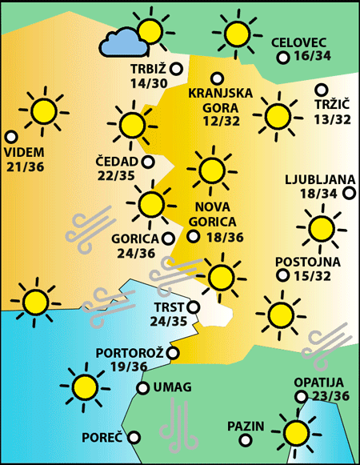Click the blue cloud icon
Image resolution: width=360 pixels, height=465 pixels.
(120, 42)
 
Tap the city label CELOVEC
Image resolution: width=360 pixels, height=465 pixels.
(298, 42)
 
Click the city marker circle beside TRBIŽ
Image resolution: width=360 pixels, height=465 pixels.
(174, 69)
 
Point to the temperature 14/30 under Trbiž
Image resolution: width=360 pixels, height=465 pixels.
(148, 82)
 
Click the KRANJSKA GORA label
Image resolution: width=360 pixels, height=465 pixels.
(220, 99)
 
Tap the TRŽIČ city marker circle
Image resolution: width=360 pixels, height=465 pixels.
(322, 90)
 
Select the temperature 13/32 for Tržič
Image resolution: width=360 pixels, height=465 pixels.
(332, 119)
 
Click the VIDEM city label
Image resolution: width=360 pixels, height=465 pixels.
(24, 152)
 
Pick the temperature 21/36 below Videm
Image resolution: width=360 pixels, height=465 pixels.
(25, 166)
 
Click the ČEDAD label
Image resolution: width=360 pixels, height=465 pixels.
(116, 162)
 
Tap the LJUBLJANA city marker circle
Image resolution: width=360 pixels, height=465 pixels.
(349, 192)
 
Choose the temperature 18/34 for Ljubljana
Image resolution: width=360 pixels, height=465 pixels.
(318, 193)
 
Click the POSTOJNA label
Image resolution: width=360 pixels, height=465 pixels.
(307, 262)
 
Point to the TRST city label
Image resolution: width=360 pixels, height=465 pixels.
(168, 307)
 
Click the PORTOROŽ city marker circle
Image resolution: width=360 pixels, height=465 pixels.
(174, 352)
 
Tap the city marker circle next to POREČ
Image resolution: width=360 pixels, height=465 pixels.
(134, 437)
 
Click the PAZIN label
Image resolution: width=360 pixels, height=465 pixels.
(245, 426)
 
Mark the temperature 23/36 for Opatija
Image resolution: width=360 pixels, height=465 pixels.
(331, 396)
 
